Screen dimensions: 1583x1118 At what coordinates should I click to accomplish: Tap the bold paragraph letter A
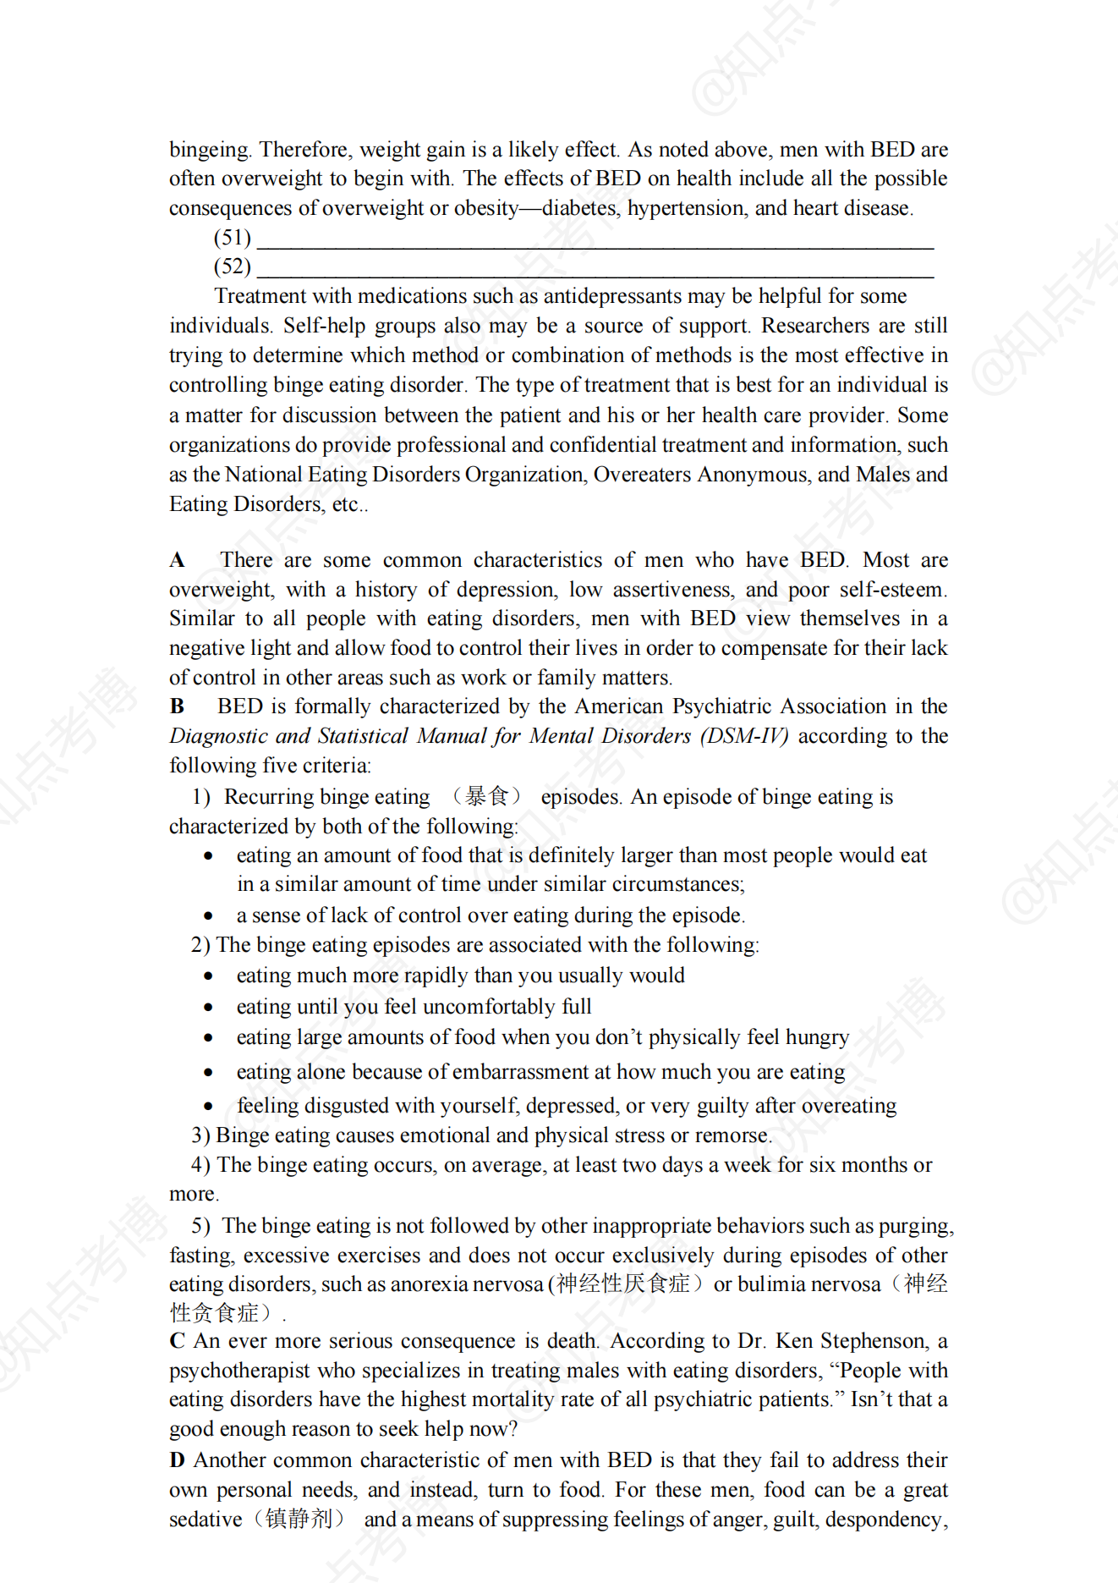[177, 560]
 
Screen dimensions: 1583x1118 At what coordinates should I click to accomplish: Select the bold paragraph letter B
[177, 706]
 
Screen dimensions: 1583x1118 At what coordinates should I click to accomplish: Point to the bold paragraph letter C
[177, 1341]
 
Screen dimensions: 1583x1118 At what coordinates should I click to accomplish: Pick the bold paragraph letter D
[177, 1460]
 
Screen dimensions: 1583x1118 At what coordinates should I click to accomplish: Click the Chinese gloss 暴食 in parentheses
[486, 796]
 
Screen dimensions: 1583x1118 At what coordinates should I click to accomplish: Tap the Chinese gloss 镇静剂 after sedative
[299, 1519]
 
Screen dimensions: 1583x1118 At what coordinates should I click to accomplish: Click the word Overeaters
[642, 475]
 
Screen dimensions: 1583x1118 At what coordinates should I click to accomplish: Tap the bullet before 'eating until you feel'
[208, 1007]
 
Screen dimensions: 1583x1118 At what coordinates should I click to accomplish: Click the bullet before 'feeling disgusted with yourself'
[208, 1106]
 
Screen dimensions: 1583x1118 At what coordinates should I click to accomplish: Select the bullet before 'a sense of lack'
[208, 915]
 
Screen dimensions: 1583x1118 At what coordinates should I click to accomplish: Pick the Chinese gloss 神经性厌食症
[623, 1284]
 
